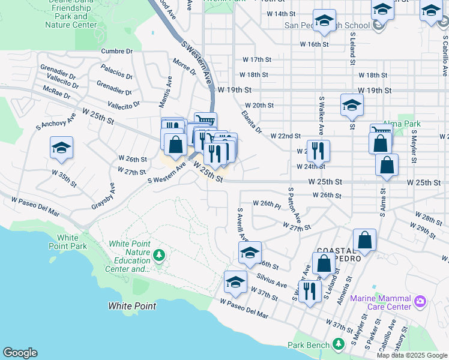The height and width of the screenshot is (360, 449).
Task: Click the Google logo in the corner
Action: tap(20, 353)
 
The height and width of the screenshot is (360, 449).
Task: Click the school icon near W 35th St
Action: tap(61, 148)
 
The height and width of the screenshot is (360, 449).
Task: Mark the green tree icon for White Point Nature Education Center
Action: tap(159, 256)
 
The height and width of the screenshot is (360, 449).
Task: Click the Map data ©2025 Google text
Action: tap(411, 355)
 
